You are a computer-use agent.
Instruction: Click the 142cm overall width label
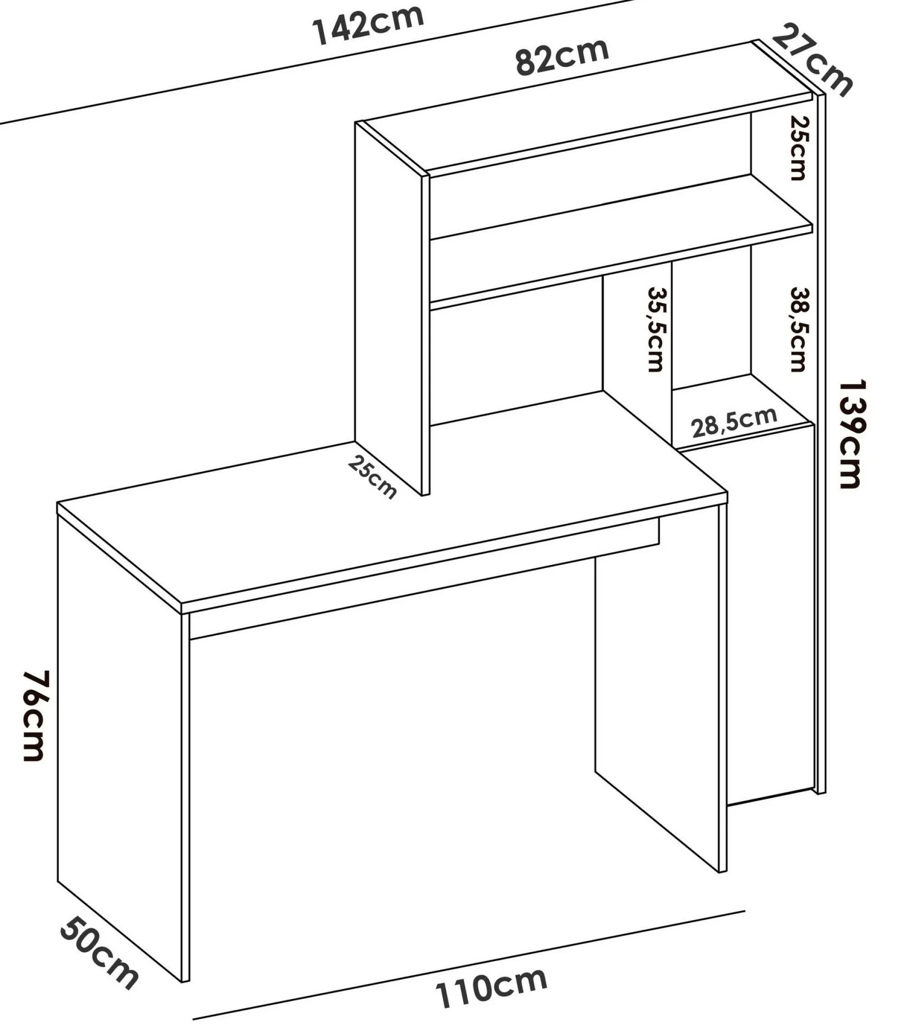368,25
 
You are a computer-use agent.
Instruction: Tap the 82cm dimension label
562,56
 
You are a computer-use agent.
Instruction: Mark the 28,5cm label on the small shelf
734,422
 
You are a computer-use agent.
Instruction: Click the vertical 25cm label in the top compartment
798,148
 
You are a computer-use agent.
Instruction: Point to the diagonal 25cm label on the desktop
372,477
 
